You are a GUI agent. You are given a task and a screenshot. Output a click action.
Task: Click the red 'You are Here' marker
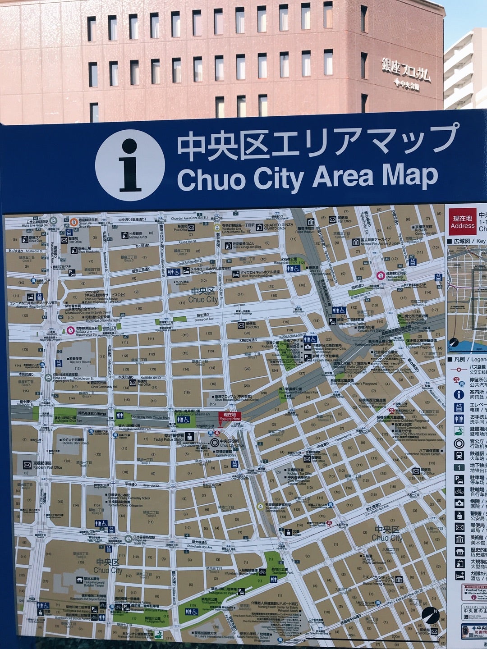[230, 416]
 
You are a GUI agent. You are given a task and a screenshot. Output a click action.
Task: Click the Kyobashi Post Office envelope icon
[27, 464]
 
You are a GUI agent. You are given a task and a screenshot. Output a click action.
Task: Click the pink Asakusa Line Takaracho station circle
[381, 274]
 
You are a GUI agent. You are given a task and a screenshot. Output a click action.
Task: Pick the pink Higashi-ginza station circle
[70, 330]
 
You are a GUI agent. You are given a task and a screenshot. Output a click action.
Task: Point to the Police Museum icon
[311, 222]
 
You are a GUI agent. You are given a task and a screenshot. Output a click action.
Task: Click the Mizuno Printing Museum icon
[399, 579]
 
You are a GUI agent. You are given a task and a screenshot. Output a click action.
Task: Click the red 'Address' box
[462, 222]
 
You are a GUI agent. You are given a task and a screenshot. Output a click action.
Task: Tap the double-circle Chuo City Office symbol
[215, 443]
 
